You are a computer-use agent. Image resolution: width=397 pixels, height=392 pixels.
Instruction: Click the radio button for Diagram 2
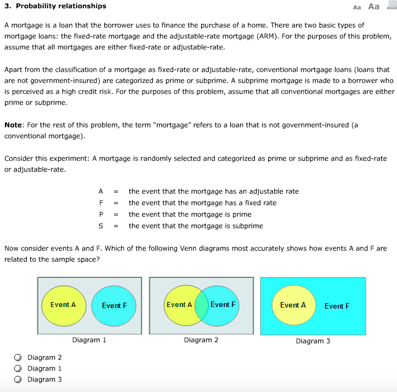point(18,357)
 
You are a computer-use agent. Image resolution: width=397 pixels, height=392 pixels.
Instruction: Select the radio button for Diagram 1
point(18,368)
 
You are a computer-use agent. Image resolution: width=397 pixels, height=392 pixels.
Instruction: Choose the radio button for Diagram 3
point(18,379)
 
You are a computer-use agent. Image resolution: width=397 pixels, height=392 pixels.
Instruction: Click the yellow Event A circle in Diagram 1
point(64,305)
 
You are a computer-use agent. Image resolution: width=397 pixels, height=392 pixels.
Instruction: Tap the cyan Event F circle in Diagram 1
point(114,305)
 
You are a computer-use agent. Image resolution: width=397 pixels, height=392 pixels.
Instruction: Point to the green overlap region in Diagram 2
point(201,305)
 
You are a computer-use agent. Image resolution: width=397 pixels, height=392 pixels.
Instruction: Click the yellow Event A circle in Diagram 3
point(293,305)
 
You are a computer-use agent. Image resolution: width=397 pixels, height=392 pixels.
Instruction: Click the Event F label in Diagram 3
point(337,306)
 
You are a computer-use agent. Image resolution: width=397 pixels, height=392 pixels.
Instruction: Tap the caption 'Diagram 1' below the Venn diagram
point(89,340)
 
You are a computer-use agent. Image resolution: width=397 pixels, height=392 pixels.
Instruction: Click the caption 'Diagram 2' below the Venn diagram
point(201,340)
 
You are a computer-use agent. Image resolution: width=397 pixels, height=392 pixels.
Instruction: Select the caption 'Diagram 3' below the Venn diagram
point(313,341)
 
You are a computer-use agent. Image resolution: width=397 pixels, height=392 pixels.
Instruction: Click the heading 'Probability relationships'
point(60,6)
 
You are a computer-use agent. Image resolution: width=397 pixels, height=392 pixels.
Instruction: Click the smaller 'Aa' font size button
point(358,7)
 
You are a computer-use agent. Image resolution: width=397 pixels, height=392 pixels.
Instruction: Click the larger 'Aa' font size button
point(373,7)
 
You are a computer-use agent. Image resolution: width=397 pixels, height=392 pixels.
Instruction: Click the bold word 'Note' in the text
point(13,125)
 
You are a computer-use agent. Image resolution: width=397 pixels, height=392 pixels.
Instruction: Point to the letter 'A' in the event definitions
point(101,191)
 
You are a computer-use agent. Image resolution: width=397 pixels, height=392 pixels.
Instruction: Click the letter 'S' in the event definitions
point(101,226)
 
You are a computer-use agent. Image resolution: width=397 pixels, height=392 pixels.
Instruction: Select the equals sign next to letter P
point(116,214)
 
